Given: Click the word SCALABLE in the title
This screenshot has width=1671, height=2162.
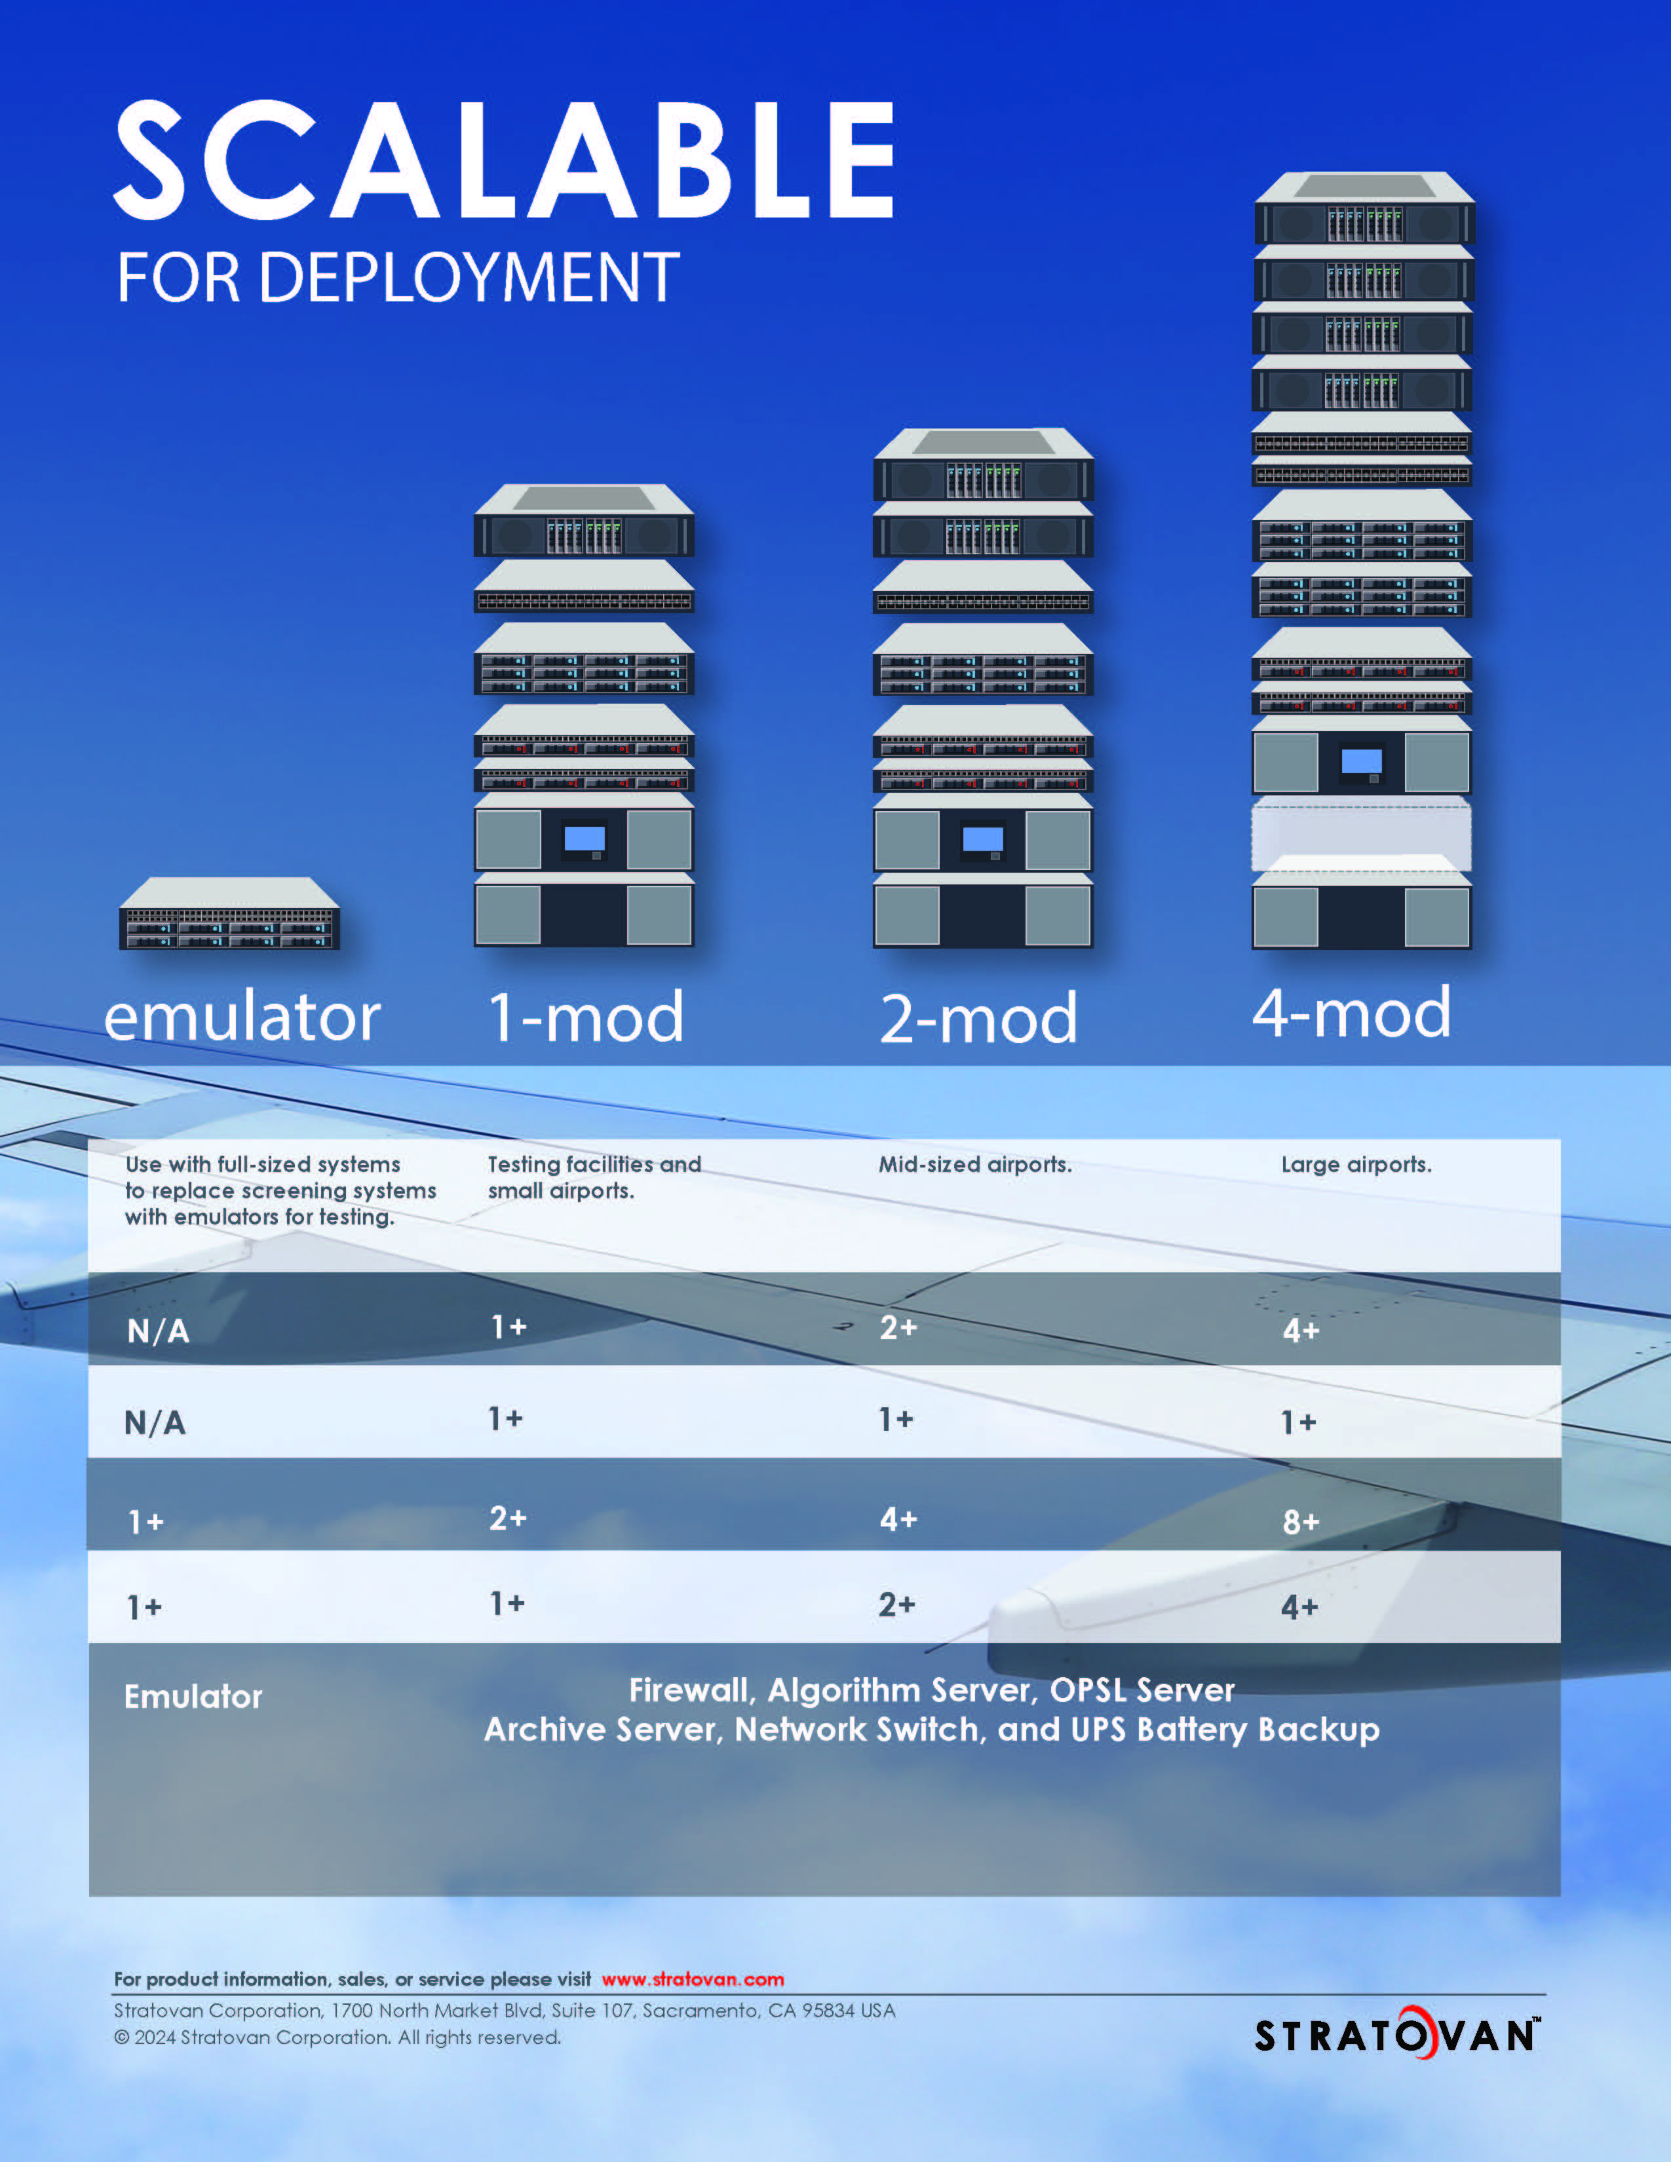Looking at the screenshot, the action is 505,159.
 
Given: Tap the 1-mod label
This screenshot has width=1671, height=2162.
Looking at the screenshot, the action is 586,1017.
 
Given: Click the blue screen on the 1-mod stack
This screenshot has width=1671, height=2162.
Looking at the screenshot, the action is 584,839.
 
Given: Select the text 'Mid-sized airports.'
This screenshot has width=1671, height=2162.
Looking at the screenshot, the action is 975,1164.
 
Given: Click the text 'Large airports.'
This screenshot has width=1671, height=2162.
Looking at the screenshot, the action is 1356,1164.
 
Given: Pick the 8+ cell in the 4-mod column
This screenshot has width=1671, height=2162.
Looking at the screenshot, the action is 1301,1521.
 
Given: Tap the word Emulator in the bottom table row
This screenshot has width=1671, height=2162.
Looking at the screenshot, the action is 193,1697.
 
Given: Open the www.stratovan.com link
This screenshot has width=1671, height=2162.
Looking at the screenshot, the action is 693,1979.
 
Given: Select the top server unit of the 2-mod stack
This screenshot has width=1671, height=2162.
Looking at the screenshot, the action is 983,465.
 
